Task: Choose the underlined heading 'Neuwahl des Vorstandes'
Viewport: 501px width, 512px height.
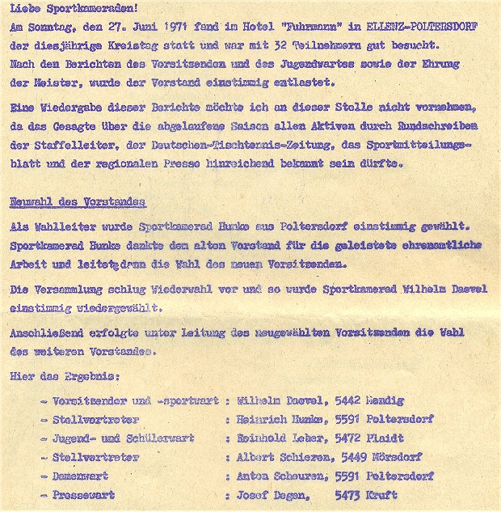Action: pos(77,202)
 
